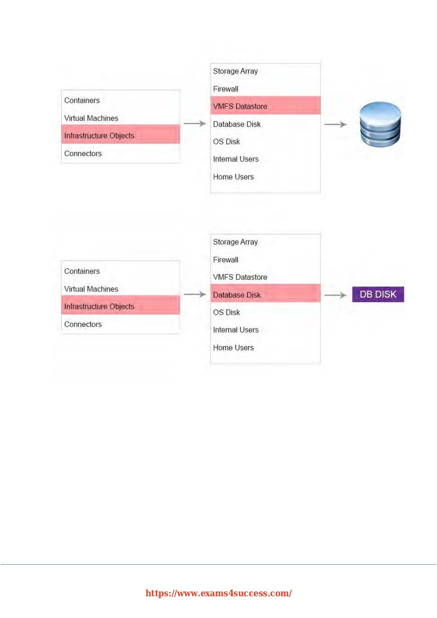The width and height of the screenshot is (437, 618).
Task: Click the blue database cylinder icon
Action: coord(380,124)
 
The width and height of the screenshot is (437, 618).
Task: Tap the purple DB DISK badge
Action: coord(378,294)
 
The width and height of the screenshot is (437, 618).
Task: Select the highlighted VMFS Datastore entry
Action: coord(240,106)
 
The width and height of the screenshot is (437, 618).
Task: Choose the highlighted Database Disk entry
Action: coord(237,295)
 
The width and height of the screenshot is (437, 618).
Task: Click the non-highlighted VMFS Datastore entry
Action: coord(240,277)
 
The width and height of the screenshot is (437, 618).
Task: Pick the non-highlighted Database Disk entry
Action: coord(237,124)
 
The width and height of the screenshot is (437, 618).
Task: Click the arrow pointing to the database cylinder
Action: coord(335,124)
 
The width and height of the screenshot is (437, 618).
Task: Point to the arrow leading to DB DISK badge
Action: coord(335,295)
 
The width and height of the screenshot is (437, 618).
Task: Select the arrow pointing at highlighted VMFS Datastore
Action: coord(195,123)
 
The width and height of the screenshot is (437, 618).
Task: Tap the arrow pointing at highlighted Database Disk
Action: coord(195,294)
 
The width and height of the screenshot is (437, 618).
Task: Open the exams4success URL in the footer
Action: coord(218,593)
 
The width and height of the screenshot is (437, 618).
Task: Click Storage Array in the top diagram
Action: coord(235,71)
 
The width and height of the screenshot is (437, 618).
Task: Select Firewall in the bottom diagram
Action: coord(226,260)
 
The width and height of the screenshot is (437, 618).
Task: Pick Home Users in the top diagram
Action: coord(233,177)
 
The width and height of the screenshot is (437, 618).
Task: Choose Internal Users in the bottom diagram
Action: coord(236,330)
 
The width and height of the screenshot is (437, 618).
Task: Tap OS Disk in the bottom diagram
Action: coord(227,313)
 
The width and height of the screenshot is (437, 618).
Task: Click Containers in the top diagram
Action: coord(82,101)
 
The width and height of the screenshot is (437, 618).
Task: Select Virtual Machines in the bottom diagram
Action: coord(91,289)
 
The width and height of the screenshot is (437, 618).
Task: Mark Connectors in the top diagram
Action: coord(83,154)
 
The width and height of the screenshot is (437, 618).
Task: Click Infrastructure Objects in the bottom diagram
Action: coord(99,307)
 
